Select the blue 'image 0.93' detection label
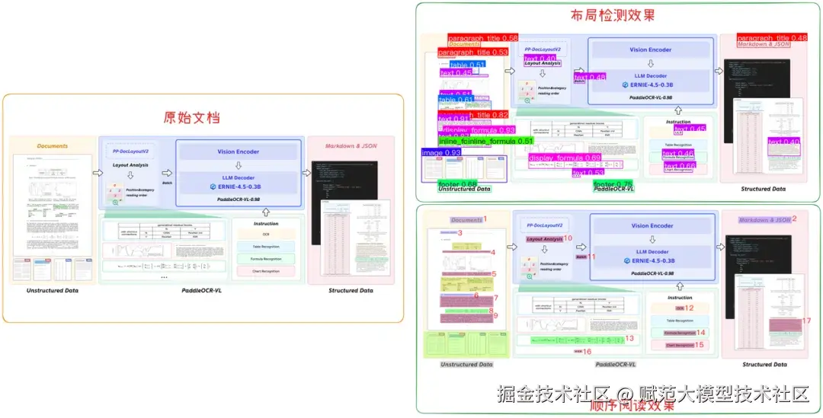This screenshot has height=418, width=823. tap(442, 153)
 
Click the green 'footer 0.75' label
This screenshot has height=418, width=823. tap(614, 184)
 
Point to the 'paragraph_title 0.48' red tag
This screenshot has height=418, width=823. tap(772, 38)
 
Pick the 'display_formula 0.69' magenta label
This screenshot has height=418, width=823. tap(565, 158)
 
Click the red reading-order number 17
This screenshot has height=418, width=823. tap(806, 321)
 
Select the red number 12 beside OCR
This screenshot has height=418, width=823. tap(689, 308)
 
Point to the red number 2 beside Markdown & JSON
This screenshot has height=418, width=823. tap(794, 219)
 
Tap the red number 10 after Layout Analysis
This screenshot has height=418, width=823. tap(568, 238)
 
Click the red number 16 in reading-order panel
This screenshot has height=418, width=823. tap(587, 352)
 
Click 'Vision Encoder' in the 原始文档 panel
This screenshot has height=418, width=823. tap(238, 152)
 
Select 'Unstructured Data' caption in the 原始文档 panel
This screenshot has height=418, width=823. tap(53, 291)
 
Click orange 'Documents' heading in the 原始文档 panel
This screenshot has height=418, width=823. tap(53, 146)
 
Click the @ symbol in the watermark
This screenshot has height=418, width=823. tap(625, 394)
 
